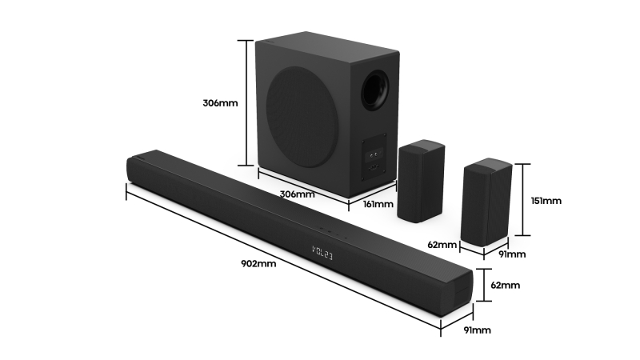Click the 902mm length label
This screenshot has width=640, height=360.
tap(258, 264)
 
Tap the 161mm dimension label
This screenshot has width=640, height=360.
tap(378, 204)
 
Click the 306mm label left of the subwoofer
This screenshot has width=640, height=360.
tap(220, 103)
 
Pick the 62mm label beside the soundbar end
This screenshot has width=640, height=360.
tap(505, 285)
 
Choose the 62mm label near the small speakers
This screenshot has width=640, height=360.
tap(442, 244)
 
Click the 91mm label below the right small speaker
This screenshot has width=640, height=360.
tap(513, 254)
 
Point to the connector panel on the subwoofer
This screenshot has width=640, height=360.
tap(375, 158)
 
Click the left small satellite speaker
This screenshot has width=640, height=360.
tap(421, 181)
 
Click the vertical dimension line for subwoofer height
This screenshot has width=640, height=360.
tap(244, 103)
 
